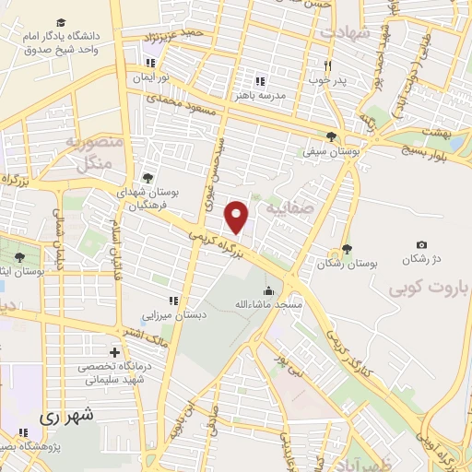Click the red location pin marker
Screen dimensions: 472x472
click(x=238, y=217)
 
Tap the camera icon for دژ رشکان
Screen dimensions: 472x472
click(x=421, y=244)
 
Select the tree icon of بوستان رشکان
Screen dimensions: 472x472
click(x=346, y=249)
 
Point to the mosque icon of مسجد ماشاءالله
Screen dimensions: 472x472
click(x=268, y=290)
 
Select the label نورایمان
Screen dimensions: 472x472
click(x=163, y=79)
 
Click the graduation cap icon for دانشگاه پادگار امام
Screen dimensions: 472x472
click(x=60, y=22)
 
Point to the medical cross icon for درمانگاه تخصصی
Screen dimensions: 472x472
click(x=114, y=352)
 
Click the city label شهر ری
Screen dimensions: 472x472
click(x=66, y=418)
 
